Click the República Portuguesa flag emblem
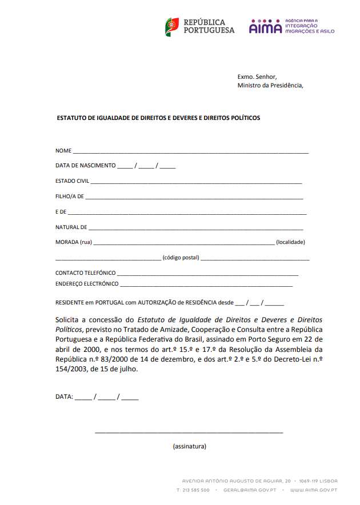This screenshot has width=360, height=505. pyautogui.click(x=172, y=26)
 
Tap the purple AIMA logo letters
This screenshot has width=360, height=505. pyautogui.click(x=266, y=27)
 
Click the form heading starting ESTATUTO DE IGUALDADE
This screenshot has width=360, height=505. pyautogui.click(x=158, y=118)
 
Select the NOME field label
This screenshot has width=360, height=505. pyautogui.click(x=63, y=151)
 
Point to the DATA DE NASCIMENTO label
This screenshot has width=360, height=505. pyautogui.click(x=85, y=166)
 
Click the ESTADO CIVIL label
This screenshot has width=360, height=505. pyautogui.click(x=72, y=181)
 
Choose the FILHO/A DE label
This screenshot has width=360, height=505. pyautogui.click(x=70, y=197)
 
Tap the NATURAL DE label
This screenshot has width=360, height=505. pyautogui.click(x=71, y=227)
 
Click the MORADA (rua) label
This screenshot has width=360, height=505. pyautogui.click(x=74, y=242)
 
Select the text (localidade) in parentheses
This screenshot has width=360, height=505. pyautogui.click(x=290, y=242)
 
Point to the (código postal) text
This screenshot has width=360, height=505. pyautogui.click(x=181, y=258)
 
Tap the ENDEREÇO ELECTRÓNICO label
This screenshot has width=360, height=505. pyautogui.click(x=87, y=284)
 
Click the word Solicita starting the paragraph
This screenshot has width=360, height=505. pyautogui.click(x=69, y=320)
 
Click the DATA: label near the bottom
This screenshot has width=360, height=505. pyautogui.click(x=64, y=396)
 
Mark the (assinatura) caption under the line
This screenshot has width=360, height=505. pyautogui.click(x=189, y=446)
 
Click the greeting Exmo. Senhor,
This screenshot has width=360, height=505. pyautogui.click(x=257, y=77)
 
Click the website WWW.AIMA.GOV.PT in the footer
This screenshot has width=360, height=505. pyautogui.click(x=313, y=490)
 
